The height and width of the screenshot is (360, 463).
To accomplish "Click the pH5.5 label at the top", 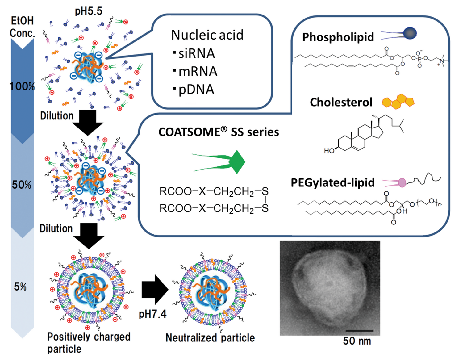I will [88, 11].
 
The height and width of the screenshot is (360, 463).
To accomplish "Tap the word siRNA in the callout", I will [196, 54].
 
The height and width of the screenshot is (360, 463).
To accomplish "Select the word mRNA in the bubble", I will [198, 72].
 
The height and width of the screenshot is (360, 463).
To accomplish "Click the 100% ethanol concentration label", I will [22, 86].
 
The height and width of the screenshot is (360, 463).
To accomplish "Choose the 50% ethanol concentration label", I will [22, 185].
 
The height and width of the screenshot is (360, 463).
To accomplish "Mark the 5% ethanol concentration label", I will [20, 287].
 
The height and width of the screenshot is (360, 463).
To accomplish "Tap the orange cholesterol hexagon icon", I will [398, 102].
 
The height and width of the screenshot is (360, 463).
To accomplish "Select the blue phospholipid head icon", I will [410, 33].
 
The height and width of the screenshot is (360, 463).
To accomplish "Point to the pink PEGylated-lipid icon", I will [402, 182].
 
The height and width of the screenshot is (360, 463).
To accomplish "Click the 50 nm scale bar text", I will [357, 341].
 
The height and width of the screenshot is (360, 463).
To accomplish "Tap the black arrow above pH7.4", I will [155, 290].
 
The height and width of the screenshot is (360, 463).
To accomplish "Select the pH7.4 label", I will [152, 314].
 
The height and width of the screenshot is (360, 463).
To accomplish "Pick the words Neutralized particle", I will [210, 338].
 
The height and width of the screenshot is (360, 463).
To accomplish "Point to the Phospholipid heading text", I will [338, 37].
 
